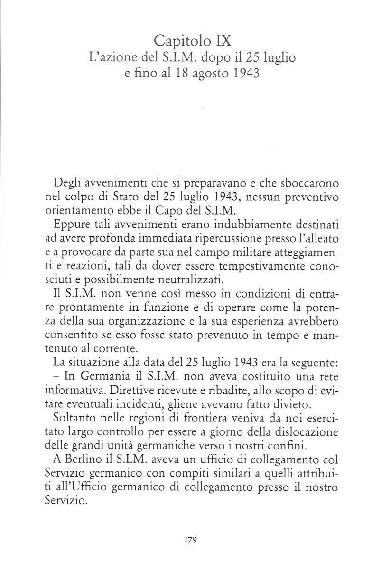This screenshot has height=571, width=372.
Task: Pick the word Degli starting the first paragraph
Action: pyautogui.click(x=69, y=183)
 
